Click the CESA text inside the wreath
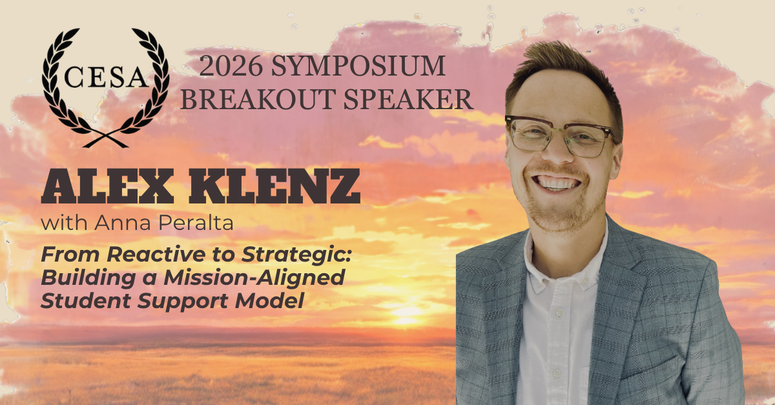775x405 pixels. tap(106, 78)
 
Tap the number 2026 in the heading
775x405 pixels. tap(231, 66)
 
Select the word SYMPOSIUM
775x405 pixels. tap(358, 66)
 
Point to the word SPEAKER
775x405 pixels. tap(408, 99)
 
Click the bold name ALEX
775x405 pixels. tap(107, 186)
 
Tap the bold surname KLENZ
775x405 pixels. tap(274, 186)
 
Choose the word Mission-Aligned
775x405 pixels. tap(254, 278)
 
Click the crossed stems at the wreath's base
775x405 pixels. tap(105, 139)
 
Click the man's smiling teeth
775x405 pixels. tap(556, 182)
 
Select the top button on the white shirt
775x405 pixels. tap(559, 313)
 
